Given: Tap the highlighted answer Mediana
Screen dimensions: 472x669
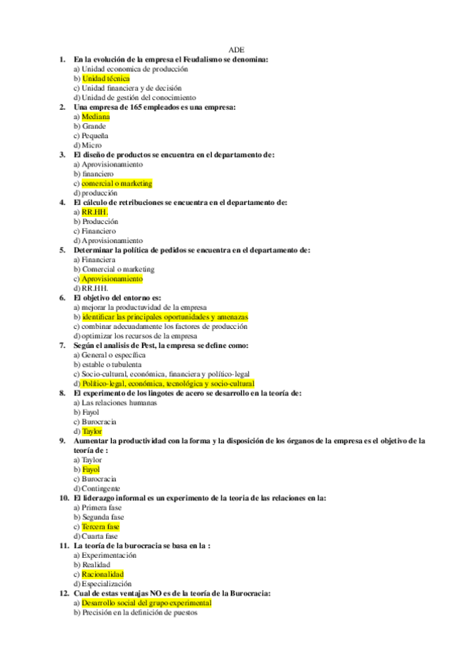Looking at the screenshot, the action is click(95, 117).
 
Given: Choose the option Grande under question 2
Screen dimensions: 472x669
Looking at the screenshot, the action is click(93, 126).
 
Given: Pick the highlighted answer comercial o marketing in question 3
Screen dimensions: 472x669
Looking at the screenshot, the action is click(117, 184).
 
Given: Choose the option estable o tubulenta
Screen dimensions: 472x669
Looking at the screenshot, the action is click(111, 365).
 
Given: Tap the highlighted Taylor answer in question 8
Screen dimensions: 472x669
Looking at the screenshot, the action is click(92, 432).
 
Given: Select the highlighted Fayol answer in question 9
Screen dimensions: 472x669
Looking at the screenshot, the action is click(91, 470).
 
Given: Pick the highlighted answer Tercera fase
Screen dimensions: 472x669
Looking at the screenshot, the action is click(100, 527).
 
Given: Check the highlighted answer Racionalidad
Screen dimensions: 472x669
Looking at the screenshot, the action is click(102, 574).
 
